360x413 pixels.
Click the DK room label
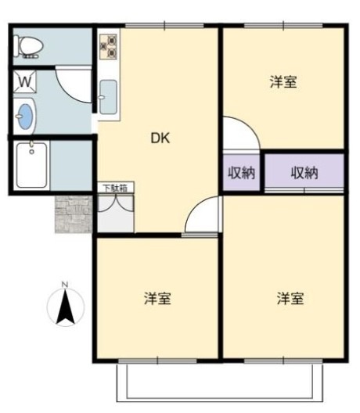160,138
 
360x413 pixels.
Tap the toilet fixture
29,46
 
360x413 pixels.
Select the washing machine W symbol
24,81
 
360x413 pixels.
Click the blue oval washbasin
25,117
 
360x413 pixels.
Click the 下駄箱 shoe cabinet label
116,189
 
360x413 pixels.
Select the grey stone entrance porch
73,214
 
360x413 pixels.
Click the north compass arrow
66,307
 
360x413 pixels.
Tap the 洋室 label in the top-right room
283,81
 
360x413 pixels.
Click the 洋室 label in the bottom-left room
157,298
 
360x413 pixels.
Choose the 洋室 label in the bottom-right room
290,298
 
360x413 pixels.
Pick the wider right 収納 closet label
304,173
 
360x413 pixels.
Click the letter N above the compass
66,284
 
